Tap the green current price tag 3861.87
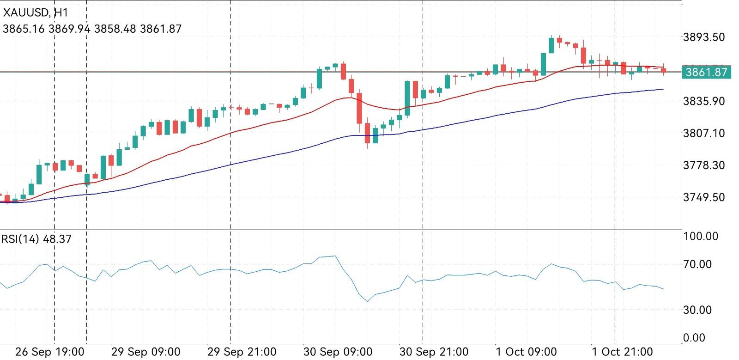tap(706, 72)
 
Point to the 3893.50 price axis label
tap(703, 37)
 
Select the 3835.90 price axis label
tap(703, 101)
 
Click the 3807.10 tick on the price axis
tap(703, 133)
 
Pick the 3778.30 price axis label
tap(703, 165)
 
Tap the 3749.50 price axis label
tap(703, 197)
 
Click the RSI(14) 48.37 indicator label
tap(36, 239)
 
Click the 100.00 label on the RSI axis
tap(701, 237)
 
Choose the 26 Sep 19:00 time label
tap(49, 352)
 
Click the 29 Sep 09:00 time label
tap(145, 352)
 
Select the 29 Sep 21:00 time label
tap(242, 352)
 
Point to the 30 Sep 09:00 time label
tap(338, 352)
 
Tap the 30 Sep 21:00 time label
tap(434, 352)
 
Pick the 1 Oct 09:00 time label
tap(526, 352)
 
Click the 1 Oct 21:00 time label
tap(622, 352)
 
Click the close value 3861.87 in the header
tap(161, 29)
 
